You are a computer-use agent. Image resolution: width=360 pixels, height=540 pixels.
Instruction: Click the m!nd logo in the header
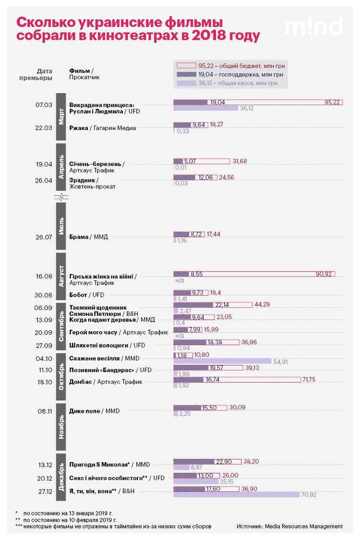pos(313,26)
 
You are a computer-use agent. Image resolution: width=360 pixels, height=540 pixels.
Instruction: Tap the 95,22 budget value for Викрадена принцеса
pos(332,102)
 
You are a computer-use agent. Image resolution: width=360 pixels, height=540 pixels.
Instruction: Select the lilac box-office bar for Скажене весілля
pos(222,361)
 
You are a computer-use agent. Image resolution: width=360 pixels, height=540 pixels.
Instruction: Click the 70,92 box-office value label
pos(309,494)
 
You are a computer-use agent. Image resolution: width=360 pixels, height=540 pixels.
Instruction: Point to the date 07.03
pos(44,105)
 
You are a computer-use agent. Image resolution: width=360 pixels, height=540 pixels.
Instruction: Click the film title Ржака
pos(79,128)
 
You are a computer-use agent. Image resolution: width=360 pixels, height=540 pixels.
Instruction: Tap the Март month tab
pos(61,117)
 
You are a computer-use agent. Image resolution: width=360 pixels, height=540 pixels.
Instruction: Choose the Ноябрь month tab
pos(61,427)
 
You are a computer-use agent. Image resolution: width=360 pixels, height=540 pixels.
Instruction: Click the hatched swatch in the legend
pos(186,74)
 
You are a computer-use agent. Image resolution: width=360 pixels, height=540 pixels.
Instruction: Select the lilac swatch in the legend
pos(186,83)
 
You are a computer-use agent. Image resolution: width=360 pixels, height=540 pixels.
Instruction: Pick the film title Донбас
pos(81,382)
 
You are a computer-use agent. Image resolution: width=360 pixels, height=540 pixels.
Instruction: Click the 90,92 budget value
pos(324,274)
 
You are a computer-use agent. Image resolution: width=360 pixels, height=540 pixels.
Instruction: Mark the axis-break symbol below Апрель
pos(61,197)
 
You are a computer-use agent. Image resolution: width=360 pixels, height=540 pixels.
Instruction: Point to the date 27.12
pos(45,492)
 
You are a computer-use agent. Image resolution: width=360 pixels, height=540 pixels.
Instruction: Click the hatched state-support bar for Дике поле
pos(187,408)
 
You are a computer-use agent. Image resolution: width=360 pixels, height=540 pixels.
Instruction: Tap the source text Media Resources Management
pos(303,526)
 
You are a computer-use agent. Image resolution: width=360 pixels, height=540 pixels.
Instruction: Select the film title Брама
pos(79,237)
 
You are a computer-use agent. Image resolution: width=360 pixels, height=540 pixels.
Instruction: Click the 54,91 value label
pos(280,361)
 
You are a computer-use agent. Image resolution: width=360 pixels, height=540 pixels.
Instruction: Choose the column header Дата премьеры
pos(36,74)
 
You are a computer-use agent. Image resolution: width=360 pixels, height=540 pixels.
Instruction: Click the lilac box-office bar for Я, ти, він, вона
pos(236,494)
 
